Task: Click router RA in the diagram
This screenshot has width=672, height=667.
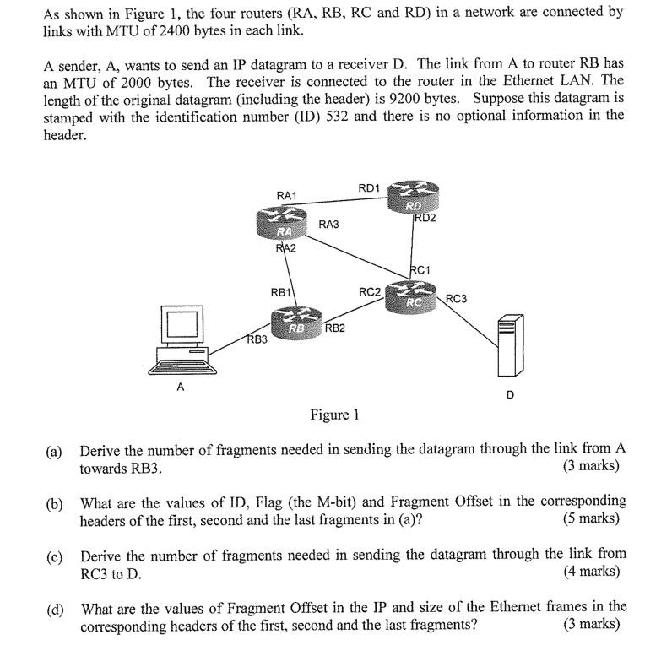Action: pos(285,226)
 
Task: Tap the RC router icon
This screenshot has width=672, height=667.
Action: pos(414,296)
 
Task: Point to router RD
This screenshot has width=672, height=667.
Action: pos(413,201)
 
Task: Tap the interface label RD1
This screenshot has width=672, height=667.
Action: pos(369,187)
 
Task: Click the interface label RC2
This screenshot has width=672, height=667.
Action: pos(369,292)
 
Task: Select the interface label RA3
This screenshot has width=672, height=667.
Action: pos(328,224)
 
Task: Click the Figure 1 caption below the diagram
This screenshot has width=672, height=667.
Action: pos(334,415)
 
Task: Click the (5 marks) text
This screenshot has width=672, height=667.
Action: pos(590,518)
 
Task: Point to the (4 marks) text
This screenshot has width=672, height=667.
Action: pos(590,572)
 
